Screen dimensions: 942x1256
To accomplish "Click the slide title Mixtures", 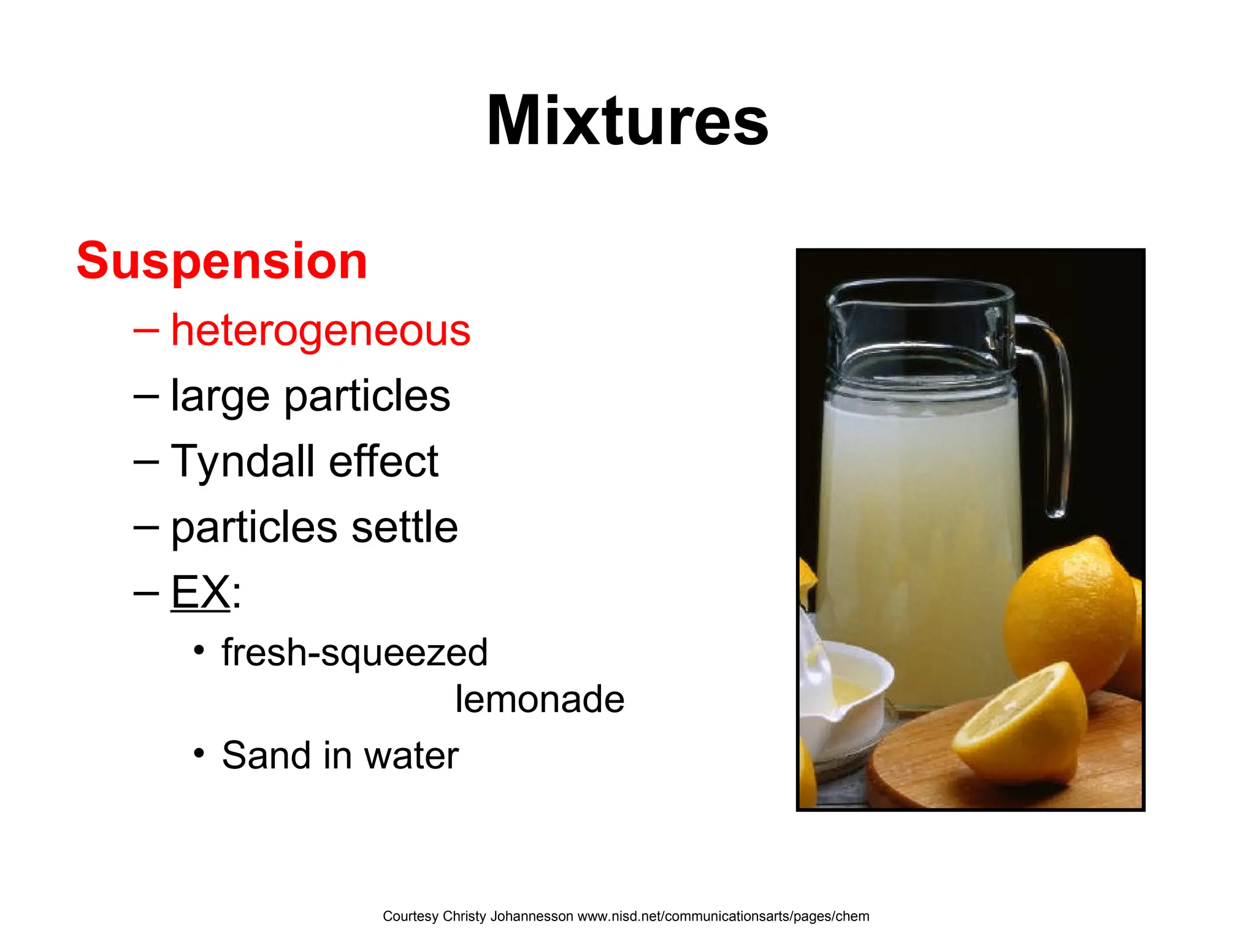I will [x=627, y=121].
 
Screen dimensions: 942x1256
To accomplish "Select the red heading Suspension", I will [x=221, y=261].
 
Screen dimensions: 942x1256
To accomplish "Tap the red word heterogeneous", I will [x=320, y=330].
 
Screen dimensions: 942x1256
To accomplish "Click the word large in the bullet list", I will [x=220, y=396].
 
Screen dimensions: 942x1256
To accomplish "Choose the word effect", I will [x=383, y=461].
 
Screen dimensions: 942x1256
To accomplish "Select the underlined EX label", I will [x=201, y=592].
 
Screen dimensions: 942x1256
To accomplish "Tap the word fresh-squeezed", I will [x=354, y=653].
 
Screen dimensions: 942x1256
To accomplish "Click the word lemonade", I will [x=540, y=699].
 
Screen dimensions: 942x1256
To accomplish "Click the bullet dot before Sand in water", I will [x=198, y=753].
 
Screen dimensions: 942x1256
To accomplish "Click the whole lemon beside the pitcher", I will [x=1070, y=613].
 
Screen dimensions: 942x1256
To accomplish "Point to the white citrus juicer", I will [x=843, y=693].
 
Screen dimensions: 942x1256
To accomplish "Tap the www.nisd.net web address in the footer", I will [x=723, y=916].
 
